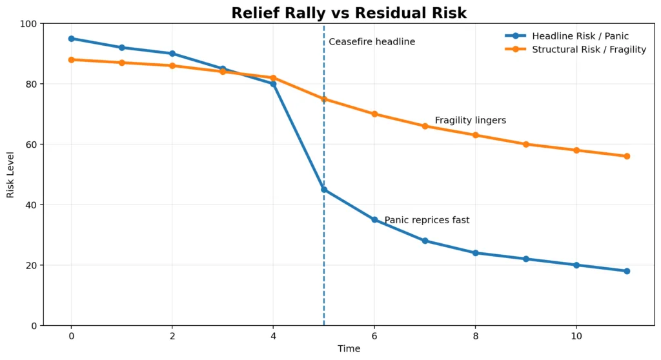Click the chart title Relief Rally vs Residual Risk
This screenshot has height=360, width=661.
coord(349,13)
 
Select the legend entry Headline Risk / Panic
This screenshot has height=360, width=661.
coord(580,36)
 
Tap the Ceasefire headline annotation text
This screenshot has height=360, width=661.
coord(372,42)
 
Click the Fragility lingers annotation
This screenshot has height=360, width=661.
coord(470,121)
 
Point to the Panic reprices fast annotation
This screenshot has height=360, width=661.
coord(427,221)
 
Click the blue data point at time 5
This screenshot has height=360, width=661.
coord(324,190)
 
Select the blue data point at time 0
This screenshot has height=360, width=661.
coord(71,39)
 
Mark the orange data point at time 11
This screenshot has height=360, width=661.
coord(627,156)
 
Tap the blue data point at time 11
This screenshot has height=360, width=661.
coord(627,271)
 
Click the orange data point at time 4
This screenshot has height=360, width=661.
coord(273,78)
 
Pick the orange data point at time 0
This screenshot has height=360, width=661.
coord(71,60)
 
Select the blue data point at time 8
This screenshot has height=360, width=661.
coord(475,253)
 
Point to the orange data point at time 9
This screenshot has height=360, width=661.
coord(526,145)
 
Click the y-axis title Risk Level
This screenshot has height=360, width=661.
coord(10,175)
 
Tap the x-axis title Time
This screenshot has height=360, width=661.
coord(349,349)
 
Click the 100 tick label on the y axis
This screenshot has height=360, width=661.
coord(28,24)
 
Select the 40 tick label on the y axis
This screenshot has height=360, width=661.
coord(31,205)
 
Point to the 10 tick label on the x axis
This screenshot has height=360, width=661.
coord(576,337)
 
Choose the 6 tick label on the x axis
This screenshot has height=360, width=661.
coord(374,337)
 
